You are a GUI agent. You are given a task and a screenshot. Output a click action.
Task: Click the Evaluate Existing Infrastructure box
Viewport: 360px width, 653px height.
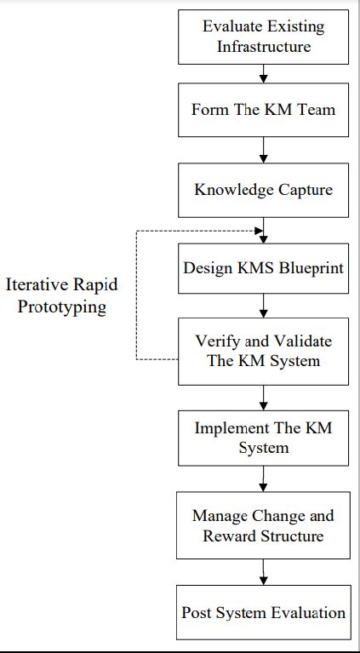[x=263, y=36]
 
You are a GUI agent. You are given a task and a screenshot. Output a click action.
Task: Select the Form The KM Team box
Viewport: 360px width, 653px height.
[x=263, y=111]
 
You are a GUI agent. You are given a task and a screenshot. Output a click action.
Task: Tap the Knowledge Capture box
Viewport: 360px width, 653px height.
[x=263, y=189]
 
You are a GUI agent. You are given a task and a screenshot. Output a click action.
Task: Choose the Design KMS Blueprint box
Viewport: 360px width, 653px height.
[x=263, y=268]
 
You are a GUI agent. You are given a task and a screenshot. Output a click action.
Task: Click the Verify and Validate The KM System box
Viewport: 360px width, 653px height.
[x=263, y=350]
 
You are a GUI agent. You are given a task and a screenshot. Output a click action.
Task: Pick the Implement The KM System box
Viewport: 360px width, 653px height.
[x=263, y=437]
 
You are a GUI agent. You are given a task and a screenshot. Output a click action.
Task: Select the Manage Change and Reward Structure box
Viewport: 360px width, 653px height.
[x=263, y=525]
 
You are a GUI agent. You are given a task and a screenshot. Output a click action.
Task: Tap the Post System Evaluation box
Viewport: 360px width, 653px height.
[x=263, y=612]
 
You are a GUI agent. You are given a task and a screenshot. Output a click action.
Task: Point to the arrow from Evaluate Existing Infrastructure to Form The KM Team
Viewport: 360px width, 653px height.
[x=264, y=75]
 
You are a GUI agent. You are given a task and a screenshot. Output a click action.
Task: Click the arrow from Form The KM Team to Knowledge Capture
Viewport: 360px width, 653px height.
[x=264, y=150]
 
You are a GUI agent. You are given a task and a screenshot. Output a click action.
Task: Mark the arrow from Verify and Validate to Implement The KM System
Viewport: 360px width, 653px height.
[x=264, y=397]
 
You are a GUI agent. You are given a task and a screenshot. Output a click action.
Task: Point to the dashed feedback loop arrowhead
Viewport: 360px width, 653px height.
[x=258, y=229]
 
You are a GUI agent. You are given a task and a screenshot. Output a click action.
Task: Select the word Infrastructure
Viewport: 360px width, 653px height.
[x=263, y=46]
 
